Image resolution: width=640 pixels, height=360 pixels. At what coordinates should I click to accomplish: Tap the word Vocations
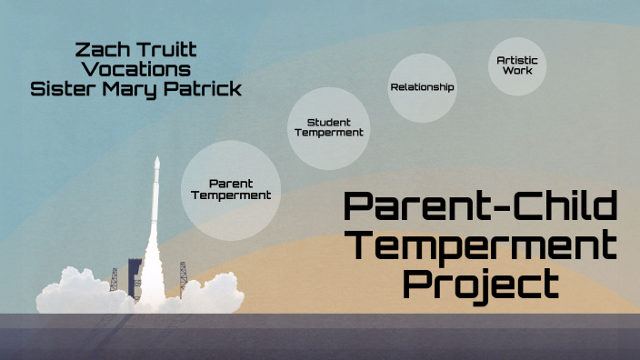tap(135, 68)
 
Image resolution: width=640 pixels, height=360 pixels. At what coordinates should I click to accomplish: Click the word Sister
tap(66, 90)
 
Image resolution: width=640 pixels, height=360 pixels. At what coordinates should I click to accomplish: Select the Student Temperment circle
tap(328, 127)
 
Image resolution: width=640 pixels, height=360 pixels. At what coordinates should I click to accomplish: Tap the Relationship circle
tap(422, 87)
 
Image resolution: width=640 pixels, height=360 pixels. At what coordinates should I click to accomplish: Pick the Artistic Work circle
tap(516, 65)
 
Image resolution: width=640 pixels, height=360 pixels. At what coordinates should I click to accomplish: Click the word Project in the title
tap(480, 285)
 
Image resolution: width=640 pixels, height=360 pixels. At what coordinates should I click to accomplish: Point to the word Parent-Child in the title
tap(480, 208)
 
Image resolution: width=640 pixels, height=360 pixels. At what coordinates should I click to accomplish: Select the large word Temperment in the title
tap(480, 245)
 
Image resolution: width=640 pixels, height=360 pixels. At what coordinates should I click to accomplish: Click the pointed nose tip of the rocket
tap(156, 159)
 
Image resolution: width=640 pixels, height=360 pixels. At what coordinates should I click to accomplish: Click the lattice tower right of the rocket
tap(183, 273)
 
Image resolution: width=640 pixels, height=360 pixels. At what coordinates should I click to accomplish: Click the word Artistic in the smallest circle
tap(516, 60)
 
